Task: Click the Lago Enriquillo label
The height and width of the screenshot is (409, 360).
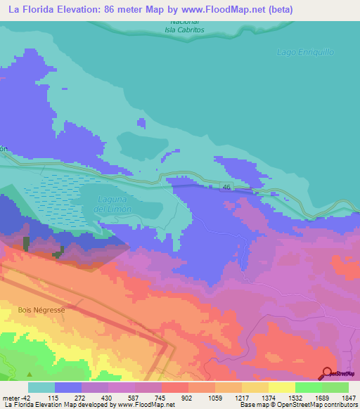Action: pos(305,53)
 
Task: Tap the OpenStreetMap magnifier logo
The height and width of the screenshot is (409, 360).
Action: pos(327,373)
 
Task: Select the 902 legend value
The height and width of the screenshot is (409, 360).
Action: pos(187,397)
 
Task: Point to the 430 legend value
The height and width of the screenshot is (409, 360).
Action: pos(108,397)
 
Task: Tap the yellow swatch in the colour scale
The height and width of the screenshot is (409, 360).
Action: pos(281,387)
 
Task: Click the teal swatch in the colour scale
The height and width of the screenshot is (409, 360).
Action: pos(41,387)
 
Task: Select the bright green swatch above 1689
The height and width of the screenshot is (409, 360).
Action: pos(308,387)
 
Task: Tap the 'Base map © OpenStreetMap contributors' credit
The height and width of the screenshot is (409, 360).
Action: pos(297,405)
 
